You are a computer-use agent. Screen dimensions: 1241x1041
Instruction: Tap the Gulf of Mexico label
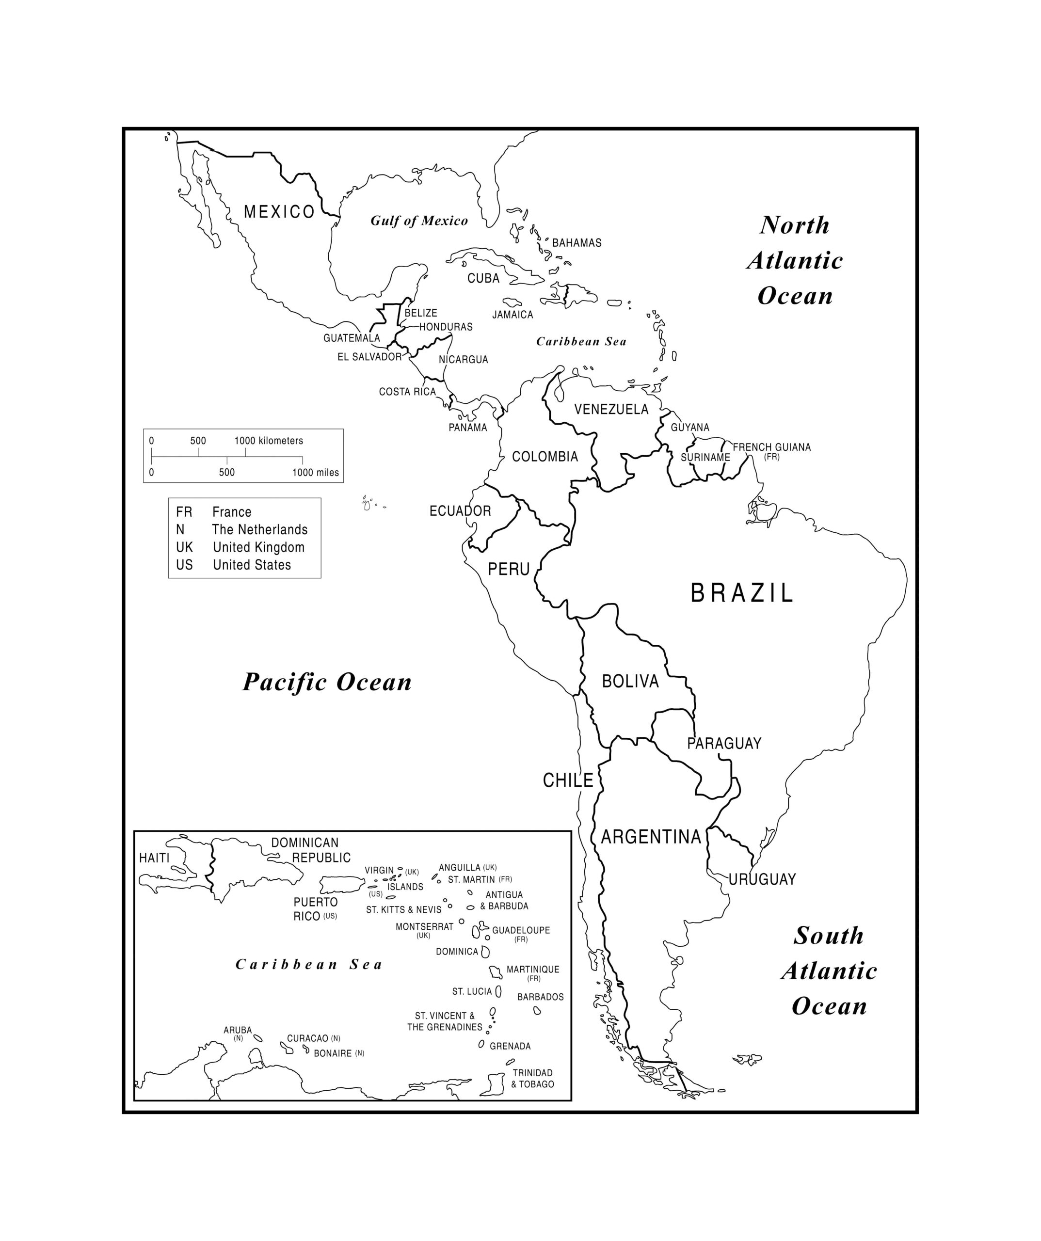(x=418, y=221)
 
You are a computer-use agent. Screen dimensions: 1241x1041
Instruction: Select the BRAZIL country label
(x=741, y=593)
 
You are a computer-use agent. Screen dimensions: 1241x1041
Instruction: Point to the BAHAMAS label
(x=577, y=243)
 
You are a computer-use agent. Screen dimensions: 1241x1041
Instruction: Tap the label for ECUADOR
(x=460, y=511)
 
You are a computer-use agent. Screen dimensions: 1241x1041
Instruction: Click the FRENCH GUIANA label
(x=771, y=447)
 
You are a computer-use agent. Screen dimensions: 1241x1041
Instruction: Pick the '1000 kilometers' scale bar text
(x=269, y=441)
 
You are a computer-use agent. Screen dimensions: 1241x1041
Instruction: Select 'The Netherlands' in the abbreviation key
(x=259, y=529)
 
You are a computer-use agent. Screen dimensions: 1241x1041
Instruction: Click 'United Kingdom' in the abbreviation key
(x=258, y=547)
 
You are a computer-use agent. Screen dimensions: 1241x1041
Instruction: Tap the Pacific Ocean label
(x=327, y=682)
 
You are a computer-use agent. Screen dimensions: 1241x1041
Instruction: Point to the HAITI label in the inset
(x=154, y=858)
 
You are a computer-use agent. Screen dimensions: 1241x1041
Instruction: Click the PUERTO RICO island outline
(x=341, y=885)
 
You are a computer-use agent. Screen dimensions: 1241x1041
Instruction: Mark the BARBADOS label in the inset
(x=540, y=997)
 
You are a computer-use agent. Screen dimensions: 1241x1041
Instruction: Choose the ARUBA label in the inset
(x=238, y=1030)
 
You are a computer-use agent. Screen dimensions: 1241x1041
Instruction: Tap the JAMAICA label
(x=512, y=315)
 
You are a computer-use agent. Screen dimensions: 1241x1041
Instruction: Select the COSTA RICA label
(x=407, y=392)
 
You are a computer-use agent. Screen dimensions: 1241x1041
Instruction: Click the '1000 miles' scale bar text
(x=315, y=473)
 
